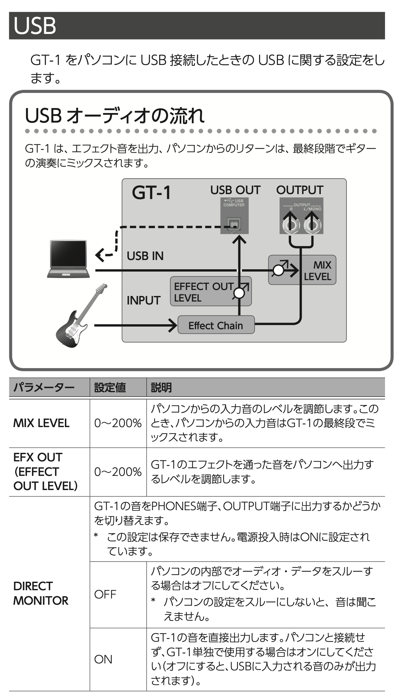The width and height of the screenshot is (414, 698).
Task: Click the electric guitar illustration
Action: [x=80, y=316]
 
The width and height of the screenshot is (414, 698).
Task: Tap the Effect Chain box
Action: [x=216, y=325]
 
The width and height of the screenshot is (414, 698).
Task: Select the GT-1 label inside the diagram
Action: [x=151, y=192]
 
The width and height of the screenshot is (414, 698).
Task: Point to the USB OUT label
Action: [x=235, y=190]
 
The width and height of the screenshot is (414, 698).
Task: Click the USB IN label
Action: [x=145, y=256]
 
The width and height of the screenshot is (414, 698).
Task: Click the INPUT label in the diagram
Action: [x=143, y=300]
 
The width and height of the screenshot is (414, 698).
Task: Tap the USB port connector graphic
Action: [x=234, y=224]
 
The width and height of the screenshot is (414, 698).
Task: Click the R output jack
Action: [x=291, y=225]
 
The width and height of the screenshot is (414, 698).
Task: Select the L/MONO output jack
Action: [x=312, y=225]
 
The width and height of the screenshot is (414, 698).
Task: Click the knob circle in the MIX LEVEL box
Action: [x=279, y=271]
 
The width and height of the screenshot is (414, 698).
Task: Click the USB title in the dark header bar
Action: [x=35, y=26]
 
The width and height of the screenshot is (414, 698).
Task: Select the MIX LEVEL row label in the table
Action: [x=41, y=423]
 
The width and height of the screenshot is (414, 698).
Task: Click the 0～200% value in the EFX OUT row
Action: [x=118, y=472]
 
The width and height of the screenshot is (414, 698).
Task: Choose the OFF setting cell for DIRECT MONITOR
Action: [x=105, y=594]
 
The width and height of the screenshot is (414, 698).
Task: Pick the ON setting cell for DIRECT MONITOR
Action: [x=103, y=659]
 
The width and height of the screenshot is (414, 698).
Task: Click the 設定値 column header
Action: [x=110, y=387]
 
